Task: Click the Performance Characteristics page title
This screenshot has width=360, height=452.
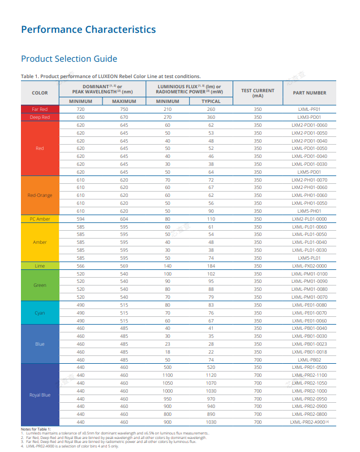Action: click(88, 29)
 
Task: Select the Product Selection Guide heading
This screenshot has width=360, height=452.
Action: click(69, 59)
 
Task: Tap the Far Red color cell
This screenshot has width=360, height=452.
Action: click(40, 109)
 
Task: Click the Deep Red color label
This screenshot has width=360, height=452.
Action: click(40, 117)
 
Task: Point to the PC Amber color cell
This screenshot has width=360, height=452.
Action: click(40, 219)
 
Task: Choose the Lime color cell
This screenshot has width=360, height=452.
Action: click(40, 266)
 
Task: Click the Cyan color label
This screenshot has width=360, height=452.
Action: click(40, 313)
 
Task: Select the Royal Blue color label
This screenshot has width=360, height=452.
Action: click(40, 395)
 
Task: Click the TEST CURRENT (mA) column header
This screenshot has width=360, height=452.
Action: click(258, 93)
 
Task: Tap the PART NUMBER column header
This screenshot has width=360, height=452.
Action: click(310, 93)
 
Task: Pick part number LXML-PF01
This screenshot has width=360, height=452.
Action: click(309, 109)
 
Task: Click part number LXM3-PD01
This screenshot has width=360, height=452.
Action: click(309, 117)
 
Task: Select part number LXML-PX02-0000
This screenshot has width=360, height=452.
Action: click(310, 266)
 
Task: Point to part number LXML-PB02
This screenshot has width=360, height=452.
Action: click(309, 360)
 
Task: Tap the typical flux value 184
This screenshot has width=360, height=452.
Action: click(211, 266)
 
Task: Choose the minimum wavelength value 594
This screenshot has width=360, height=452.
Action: click(80, 219)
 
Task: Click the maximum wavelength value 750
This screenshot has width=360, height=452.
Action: click(124, 109)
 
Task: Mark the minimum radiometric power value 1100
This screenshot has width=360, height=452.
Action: click(168, 375)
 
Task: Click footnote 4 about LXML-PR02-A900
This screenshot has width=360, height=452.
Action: click(70, 446)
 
